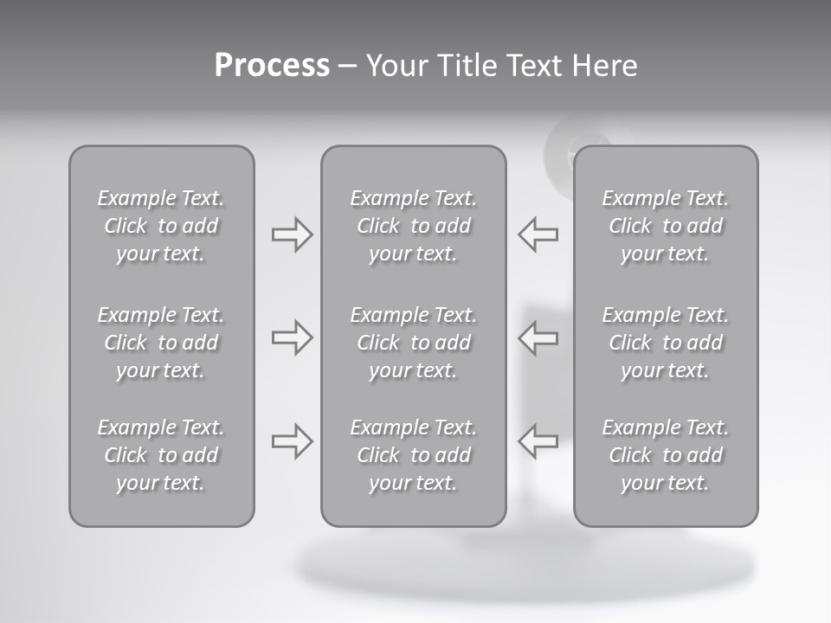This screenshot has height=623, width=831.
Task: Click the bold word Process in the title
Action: (272, 66)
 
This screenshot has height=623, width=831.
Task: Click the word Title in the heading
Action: (463, 66)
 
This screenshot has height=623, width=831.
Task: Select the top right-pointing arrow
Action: (292, 234)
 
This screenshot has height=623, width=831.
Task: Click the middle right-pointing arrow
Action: (292, 337)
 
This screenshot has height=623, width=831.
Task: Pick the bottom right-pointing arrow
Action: (292, 440)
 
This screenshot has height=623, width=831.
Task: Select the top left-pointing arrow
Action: (538, 234)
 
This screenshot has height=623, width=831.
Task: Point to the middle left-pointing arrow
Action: (538, 337)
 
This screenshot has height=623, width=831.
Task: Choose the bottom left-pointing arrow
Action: (538, 440)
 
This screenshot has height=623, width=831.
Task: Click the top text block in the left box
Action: (161, 226)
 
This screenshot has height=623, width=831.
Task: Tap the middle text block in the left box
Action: (161, 343)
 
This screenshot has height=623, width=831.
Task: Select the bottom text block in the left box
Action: (161, 455)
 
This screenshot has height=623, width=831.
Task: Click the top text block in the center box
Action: (413, 226)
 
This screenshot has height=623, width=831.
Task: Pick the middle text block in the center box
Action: (413, 343)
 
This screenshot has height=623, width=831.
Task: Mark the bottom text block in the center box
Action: (413, 455)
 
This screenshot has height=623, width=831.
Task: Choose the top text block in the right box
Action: (666, 226)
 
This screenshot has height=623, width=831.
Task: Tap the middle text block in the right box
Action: (666, 343)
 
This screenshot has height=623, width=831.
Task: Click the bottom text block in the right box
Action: (666, 455)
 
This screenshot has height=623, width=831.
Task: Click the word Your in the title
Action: (396, 66)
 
